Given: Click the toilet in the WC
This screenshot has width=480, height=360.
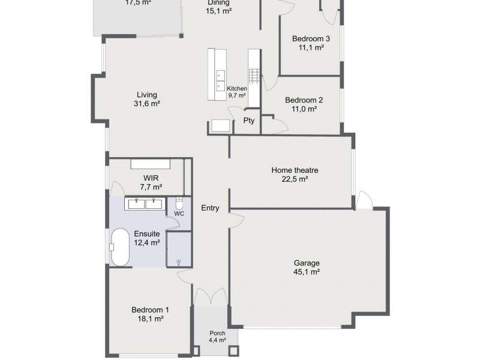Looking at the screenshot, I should point(179,202).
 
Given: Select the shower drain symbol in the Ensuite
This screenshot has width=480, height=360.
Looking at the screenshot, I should point(179,261).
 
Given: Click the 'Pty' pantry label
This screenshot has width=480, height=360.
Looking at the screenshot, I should point(248,121).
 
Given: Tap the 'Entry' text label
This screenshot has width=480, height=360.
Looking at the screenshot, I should point(210,208).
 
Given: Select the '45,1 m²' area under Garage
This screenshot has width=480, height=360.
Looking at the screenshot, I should point(306,272).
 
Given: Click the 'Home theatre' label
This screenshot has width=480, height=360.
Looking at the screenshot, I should point(295,170).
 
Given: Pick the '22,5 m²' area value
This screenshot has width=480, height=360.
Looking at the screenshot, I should point(295,179).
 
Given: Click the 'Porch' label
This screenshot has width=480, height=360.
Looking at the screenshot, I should point(217,333).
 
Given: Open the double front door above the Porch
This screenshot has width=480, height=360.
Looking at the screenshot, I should point(211,296).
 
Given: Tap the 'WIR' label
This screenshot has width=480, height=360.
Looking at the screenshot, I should point(150,178).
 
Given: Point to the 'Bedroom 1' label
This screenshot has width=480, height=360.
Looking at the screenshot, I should point(150,310).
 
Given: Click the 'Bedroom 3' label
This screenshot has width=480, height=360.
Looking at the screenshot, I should point(311,39).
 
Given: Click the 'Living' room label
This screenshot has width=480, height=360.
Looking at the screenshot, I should point(146,95).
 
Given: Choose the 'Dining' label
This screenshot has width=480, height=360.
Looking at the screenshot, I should point(218,2).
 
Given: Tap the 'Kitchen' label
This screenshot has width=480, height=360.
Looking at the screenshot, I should point(237,88).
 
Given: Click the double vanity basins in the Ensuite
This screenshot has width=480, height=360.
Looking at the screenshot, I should point(144,203).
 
